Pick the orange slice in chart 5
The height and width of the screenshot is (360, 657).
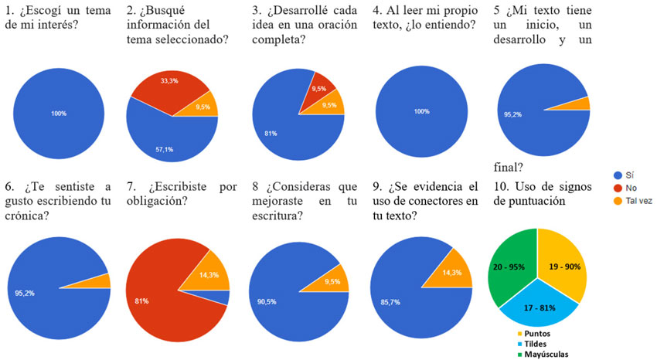point(585,104)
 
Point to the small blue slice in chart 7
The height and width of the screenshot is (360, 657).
point(224,297)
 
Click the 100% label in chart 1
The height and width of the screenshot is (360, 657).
point(59,114)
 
